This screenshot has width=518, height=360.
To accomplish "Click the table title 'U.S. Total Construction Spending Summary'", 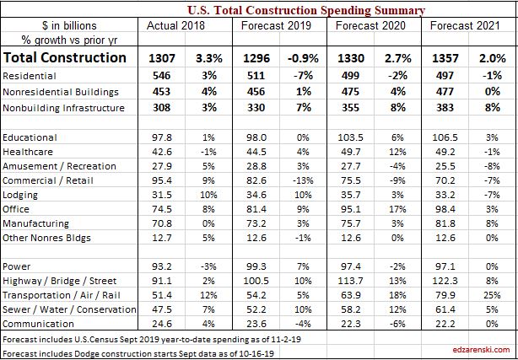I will [x=306, y=10].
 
